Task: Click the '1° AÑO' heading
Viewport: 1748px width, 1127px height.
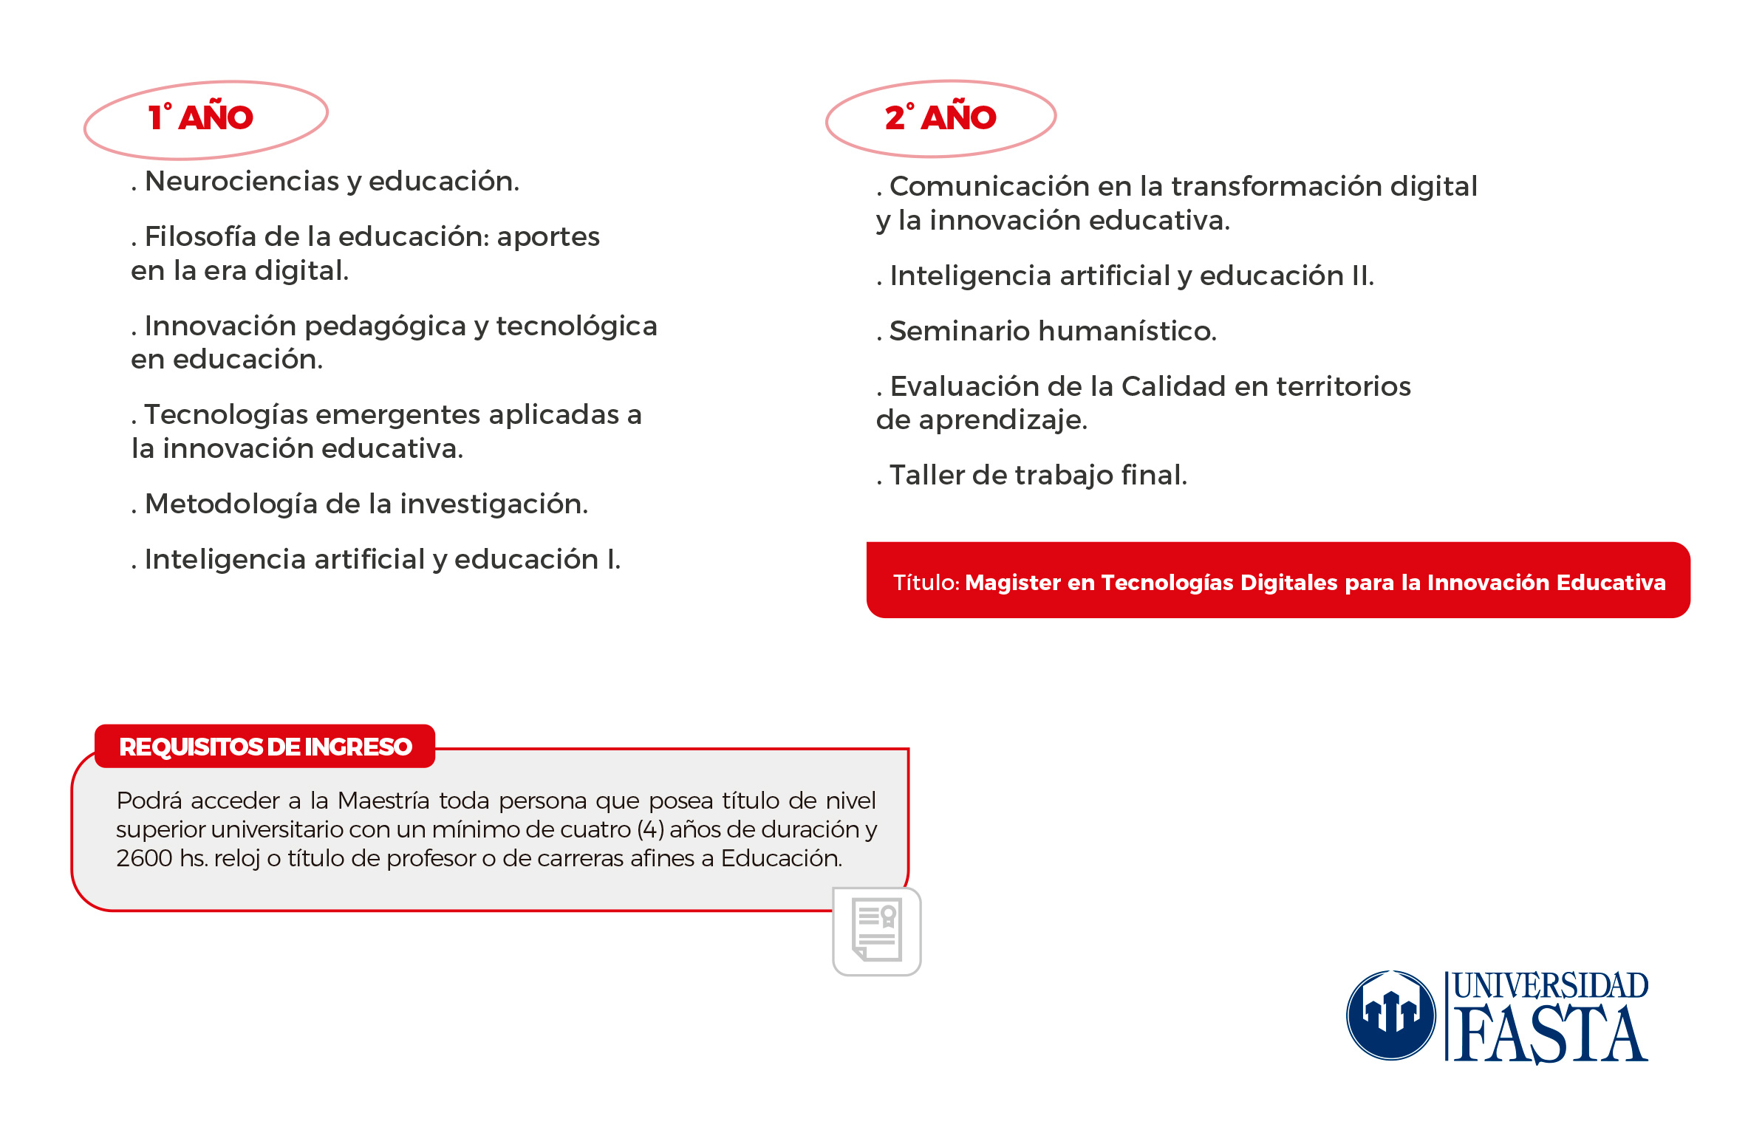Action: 201,117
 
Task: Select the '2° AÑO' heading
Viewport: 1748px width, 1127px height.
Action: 940,117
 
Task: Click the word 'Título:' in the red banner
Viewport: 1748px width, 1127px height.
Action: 926,583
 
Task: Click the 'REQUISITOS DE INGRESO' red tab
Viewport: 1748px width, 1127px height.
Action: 265,747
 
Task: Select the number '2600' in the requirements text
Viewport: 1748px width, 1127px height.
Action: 144,858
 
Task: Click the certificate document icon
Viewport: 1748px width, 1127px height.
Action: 877,931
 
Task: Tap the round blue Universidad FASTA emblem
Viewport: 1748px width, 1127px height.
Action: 1390,1015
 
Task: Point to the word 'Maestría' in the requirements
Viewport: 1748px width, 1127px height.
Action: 383,801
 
